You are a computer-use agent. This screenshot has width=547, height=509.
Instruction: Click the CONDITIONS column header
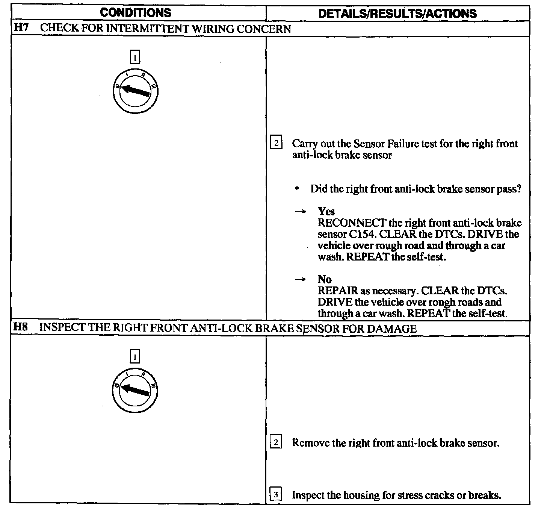point(135,13)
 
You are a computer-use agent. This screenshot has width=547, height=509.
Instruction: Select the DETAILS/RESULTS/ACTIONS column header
point(397,14)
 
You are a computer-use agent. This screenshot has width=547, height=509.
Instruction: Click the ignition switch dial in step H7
point(135,91)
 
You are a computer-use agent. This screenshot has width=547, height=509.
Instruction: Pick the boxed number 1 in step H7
point(135,58)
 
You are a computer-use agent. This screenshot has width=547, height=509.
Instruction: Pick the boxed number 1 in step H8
point(135,356)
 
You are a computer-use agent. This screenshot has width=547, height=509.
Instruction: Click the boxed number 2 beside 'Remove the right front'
point(276,442)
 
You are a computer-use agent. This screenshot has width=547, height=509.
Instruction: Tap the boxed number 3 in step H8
point(276,495)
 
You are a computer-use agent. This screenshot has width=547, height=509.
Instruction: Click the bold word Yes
point(326,211)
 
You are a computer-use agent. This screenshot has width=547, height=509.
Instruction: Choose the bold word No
point(325,279)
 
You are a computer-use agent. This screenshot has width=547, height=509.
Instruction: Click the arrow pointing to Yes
point(299,212)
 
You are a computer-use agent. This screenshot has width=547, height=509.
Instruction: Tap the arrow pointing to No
point(299,279)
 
